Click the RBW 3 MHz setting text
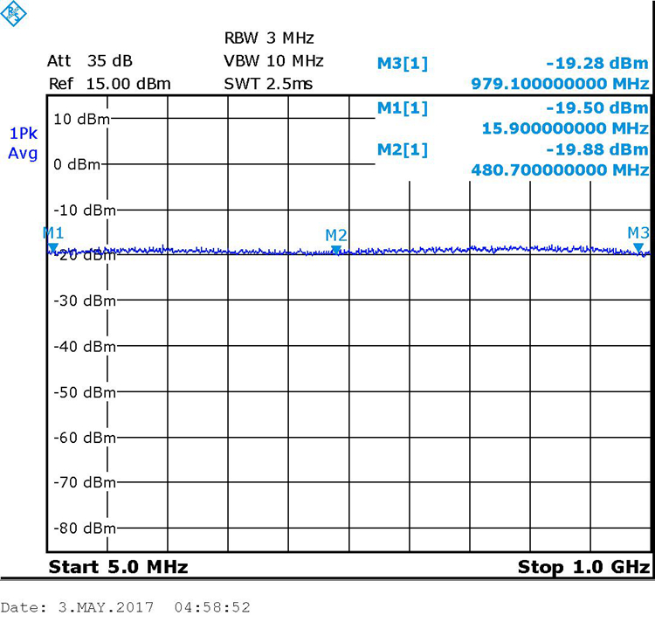(x=268, y=38)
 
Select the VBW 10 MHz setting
(x=273, y=61)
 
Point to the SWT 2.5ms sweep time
(x=268, y=84)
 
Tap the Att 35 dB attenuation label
(x=89, y=61)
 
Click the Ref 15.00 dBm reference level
(x=109, y=84)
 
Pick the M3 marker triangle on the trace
(x=638, y=249)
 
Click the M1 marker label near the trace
(x=53, y=232)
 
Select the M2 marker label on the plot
(x=336, y=235)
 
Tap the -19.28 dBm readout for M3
(x=597, y=63)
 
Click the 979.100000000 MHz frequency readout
(x=560, y=84)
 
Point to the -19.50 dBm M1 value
(x=597, y=107)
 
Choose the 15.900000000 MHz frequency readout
(x=565, y=128)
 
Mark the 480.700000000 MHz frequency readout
(x=560, y=170)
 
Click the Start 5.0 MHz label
(x=118, y=567)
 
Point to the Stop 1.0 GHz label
(x=583, y=567)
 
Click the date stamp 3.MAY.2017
(x=99, y=607)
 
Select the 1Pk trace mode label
(x=24, y=134)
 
